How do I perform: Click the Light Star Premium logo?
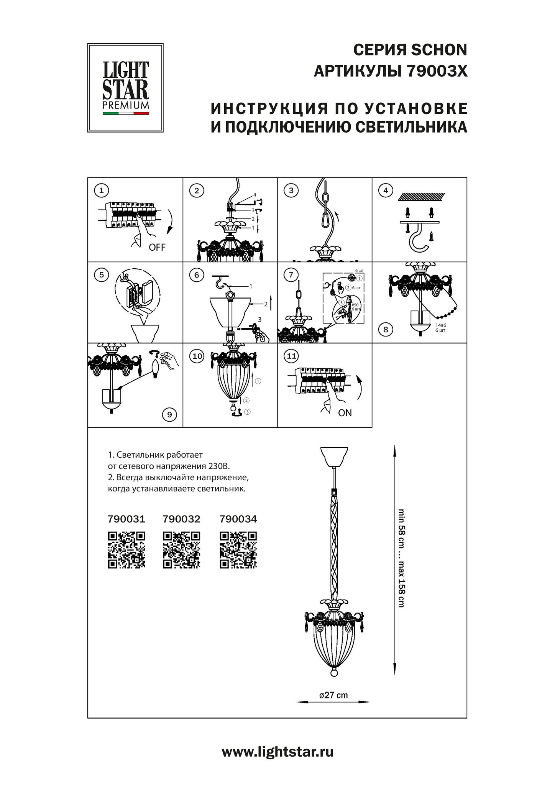point(125,88)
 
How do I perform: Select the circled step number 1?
point(101,190)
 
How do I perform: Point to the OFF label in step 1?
point(157,247)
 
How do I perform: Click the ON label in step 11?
point(345,413)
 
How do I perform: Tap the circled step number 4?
point(386,190)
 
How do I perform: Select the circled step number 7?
point(291,274)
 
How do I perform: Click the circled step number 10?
point(197,356)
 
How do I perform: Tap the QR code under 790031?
point(126,550)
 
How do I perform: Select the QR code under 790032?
point(181,550)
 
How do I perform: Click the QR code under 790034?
point(238,550)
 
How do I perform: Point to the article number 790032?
point(181,519)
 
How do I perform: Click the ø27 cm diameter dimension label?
point(333,695)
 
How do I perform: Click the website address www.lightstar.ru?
point(277,752)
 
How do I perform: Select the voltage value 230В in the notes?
point(222,466)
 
